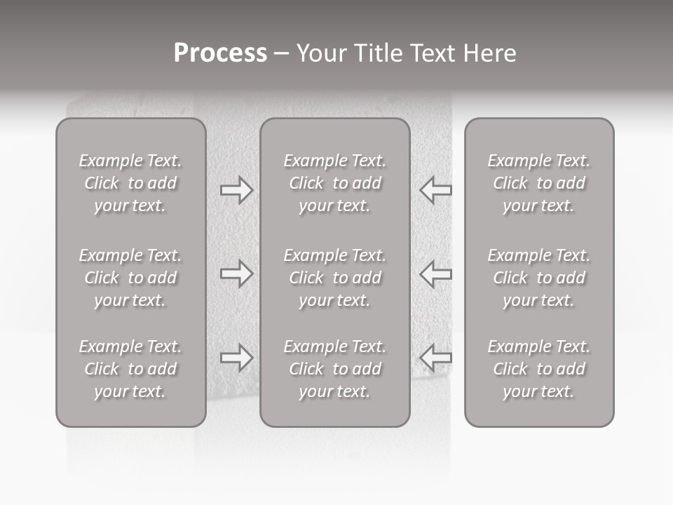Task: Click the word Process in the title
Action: [x=220, y=53]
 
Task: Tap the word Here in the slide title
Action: [x=489, y=53]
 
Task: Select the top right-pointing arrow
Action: [x=237, y=190]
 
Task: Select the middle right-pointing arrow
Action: [x=237, y=274]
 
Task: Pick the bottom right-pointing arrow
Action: [x=237, y=358]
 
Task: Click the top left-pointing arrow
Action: [x=435, y=190]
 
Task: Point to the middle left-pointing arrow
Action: [x=435, y=274]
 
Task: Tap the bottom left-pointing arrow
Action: [x=435, y=358]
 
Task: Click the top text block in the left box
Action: [x=130, y=183]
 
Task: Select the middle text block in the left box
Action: [x=130, y=278]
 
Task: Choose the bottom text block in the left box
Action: [x=130, y=369]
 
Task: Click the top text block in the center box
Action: [x=335, y=183]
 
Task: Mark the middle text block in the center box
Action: [x=335, y=278]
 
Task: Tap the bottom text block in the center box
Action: [x=335, y=369]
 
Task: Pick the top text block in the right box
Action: [x=539, y=183]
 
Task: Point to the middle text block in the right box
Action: [x=539, y=278]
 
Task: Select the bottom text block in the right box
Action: [x=539, y=369]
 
